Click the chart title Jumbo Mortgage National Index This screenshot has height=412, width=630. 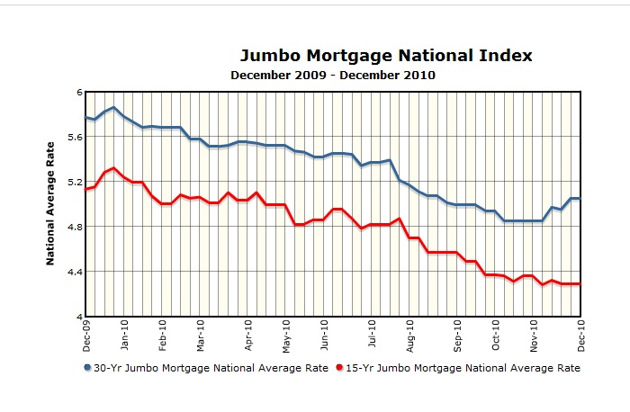pyautogui.click(x=386, y=56)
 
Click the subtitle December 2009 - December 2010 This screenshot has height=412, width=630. pyautogui.click(x=333, y=76)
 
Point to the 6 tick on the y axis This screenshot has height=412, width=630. pyautogui.click(x=78, y=93)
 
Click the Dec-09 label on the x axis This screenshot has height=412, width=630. pyautogui.click(x=86, y=336)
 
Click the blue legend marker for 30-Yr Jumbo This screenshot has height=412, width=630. pyautogui.click(x=87, y=368)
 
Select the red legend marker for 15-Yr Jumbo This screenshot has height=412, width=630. pyautogui.click(x=338, y=368)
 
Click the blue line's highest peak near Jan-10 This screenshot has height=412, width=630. pyautogui.click(x=113, y=108)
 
